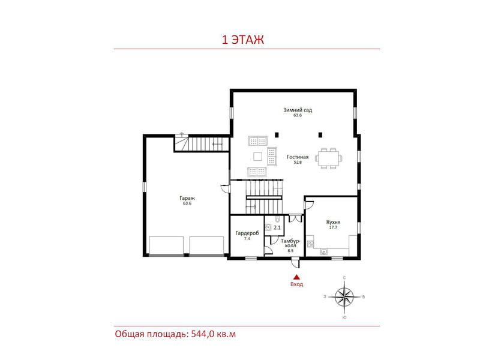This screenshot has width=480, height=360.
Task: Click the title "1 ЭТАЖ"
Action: [x=243, y=40]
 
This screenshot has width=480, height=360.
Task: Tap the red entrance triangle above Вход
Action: [x=296, y=277]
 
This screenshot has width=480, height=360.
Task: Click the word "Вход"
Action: [x=296, y=284]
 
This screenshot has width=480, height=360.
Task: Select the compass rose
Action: [x=344, y=297]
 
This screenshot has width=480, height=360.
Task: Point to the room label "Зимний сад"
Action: [x=298, y=110]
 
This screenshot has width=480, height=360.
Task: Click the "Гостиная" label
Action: [x=298, y=157]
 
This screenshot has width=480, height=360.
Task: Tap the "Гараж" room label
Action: [x=187, y=198]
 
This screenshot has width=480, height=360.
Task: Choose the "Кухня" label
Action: [x=334, y=222]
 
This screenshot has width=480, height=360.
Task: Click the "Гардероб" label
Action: [x=247, y=233]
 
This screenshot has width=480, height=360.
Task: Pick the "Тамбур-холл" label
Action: [x=290, y=244]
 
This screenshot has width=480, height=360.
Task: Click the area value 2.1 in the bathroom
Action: [x=277, y=227]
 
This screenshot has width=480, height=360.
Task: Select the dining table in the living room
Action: [x=328, y=158]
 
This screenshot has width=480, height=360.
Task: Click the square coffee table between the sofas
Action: [x=258, y=157]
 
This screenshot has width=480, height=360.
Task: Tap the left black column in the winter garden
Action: [x=277, y=134]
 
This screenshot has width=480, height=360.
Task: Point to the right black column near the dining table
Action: [x=320, y=134]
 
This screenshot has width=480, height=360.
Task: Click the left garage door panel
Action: [x=166, y=245]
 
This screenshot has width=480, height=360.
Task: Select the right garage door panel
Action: [x=206, y=245]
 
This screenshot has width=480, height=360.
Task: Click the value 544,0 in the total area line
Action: [x=202, y=334]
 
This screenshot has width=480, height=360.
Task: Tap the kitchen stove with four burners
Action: [x=310, y=244]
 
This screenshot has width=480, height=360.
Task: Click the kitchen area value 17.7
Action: [x=334, y=227]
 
